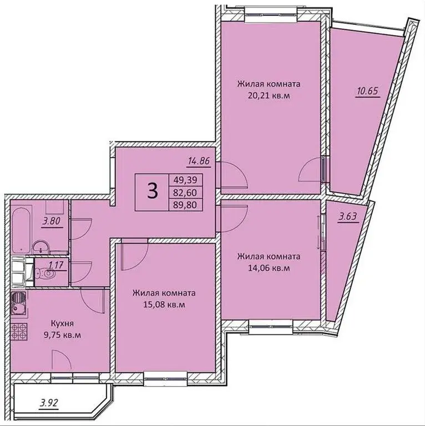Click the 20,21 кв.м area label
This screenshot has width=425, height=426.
[269, 95]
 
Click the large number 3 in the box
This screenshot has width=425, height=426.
[151, 191]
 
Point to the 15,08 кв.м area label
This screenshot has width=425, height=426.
[163, 305]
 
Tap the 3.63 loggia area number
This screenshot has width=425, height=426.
[348, 217]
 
